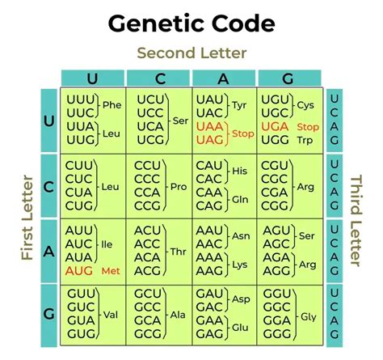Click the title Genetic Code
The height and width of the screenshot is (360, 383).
click(x=191, y=23)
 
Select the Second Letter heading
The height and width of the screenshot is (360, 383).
click(x=191, y=53)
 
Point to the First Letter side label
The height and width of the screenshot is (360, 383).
click(x=27, y=217)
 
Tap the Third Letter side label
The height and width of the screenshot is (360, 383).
click(x=356, y=218)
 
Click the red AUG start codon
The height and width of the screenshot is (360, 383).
click(x=79, y=270)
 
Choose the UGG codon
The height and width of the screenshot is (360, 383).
click(x=273, y=140)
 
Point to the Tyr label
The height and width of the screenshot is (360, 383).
click(x=240, y=104)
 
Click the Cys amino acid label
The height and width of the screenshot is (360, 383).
click(x=305, y=104)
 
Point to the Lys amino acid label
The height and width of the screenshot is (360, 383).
click(x=240, y=265)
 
